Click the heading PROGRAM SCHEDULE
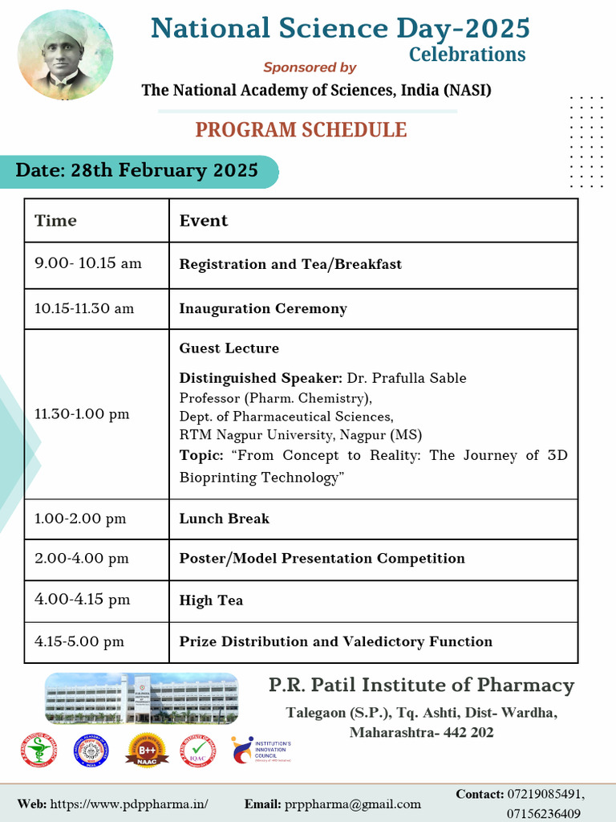click(x=302, y=129)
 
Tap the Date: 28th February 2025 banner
click(x=138, y=171)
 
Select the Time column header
click(x=56, y=221)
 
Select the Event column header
click(x=204, y=221)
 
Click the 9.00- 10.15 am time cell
click(x=88, y=263)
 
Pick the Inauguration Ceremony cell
click(x=263, y=308)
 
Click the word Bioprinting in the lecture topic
click(x=217, y=478)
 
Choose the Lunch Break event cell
click(x=225, y=519)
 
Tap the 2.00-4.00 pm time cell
click(x=82, y=559)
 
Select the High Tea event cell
click(x=211, y=600)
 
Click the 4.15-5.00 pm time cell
click(x=79, y=641)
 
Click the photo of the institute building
click(x=142, y=698)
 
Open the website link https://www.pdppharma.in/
click(x=129, y=804)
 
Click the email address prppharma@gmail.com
click(x=352, y=804)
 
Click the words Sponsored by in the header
click(x=310, y=67)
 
